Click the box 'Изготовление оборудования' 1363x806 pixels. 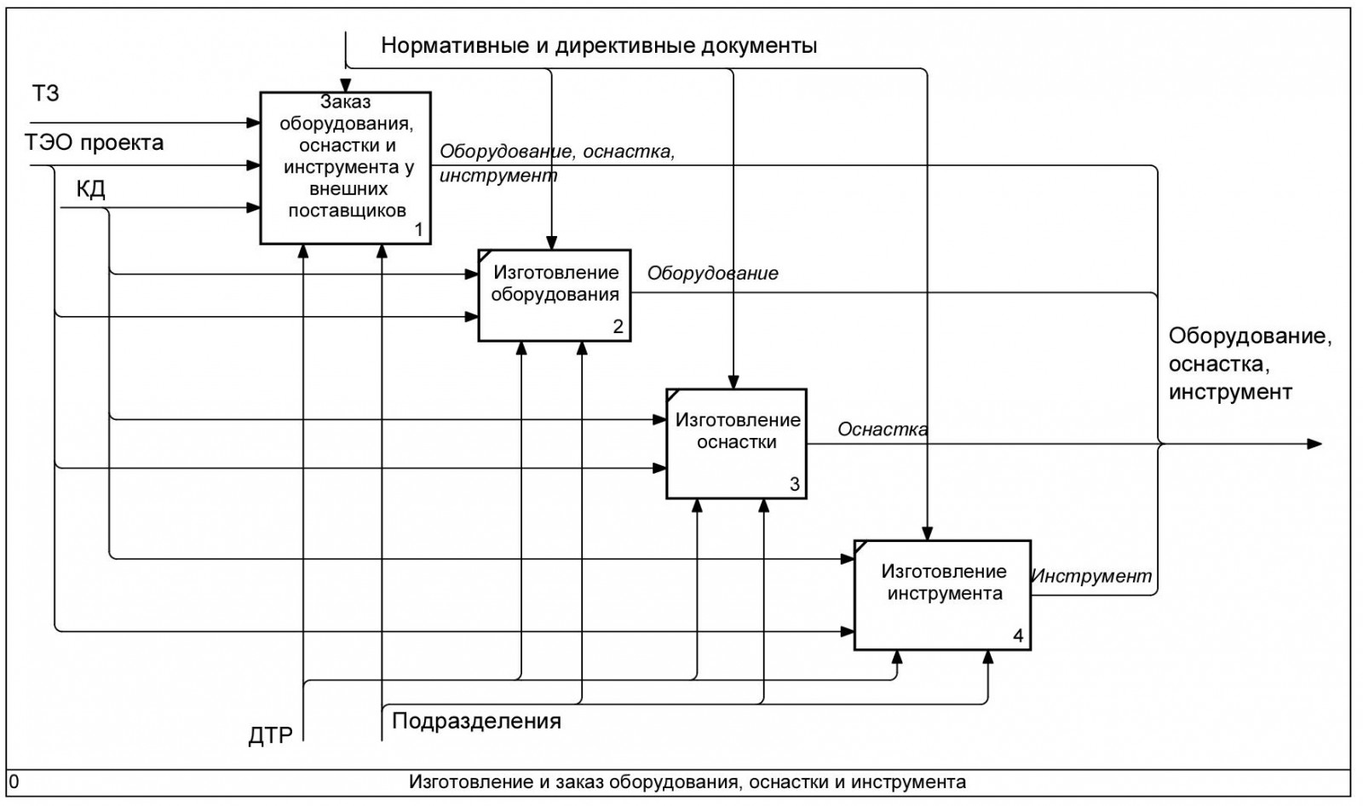(555, 295)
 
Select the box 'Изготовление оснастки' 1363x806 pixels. (736, 443)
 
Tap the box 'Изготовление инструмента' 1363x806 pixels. (943, 595)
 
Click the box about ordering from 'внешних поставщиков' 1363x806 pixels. (346, 168)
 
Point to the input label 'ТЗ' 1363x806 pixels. (46, 93)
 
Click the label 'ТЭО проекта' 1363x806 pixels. (95, 142)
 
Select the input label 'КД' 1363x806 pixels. (91, 188)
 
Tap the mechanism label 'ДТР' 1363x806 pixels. (270, 735)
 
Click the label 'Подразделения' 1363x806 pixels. (476, 722)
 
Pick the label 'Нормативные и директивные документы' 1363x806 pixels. (599, 46)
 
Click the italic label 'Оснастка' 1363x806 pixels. (883, 429)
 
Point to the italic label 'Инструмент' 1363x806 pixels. (1091, 576)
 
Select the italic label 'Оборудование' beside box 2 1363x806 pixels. (712, 273)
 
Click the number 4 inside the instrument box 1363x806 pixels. (1018, 636)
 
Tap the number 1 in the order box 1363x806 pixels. (418, 229)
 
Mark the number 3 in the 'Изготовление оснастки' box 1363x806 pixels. (794, 484)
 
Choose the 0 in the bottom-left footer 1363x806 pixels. (14, 781)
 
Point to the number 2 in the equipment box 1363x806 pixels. (618, 326)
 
